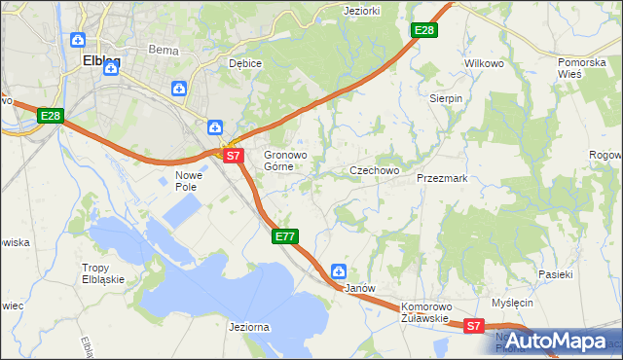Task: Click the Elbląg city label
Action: pos(101,60)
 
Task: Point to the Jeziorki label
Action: pos(362,11)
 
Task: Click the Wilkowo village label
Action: pos(484,63)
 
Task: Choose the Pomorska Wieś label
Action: pos(582,68)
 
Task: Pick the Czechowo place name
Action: pos(375,170)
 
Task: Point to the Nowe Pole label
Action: pos(187,181)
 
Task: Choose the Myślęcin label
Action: pos(513,304)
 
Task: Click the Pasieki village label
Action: pos(556,275)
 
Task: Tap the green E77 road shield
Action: pos(284,236)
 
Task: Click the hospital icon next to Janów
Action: pos(339,271)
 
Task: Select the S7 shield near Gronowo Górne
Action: pos(232,156)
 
